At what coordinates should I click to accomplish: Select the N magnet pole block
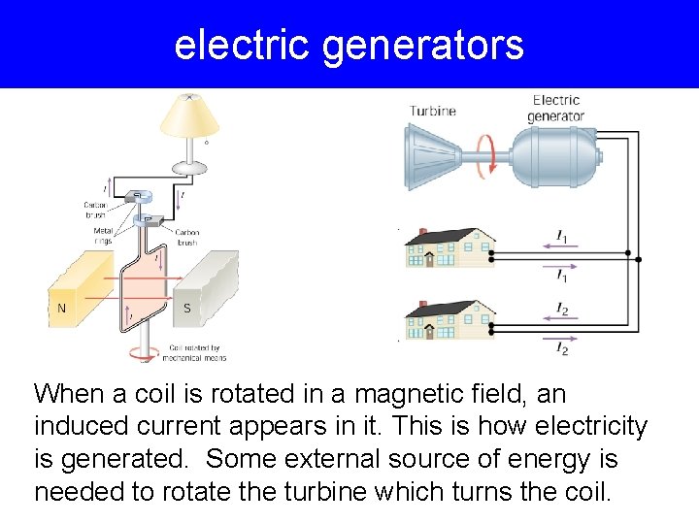point(78,290)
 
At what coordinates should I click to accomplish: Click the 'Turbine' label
point(432,111)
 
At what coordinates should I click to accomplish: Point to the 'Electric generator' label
point(555,108)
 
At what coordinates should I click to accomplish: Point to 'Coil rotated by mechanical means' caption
point(197,352)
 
